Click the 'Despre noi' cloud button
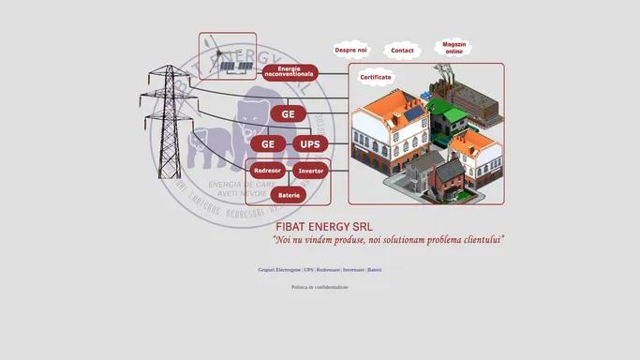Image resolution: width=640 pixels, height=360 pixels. [x=350, y=50]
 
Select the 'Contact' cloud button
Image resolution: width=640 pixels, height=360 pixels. [x=402, y=50]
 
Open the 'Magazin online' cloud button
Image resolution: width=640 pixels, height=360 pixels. [x=454, y=47]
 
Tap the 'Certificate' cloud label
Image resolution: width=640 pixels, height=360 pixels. [x=376, y=78]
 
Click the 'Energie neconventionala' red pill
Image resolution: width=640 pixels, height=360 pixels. [x=290, y=72]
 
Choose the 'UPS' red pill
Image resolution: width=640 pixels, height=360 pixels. [x=310, y=144]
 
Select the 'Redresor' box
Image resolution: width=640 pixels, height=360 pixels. [x=267, y=171]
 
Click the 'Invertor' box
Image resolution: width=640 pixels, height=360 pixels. [x=311, y=171]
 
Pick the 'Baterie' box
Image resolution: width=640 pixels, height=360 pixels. [x=288, y=194]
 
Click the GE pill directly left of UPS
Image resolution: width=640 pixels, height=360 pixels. [x=267, y=144]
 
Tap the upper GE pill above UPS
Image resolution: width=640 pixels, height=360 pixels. [x=288, y=114]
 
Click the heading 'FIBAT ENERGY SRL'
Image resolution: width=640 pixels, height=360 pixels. [x=323, y=226]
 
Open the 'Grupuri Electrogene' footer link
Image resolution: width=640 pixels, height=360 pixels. [x=279, y=270]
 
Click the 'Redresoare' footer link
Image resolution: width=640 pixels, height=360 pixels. [x=328, y=270]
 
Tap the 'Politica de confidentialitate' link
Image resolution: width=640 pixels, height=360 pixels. [x=320, y=287]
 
